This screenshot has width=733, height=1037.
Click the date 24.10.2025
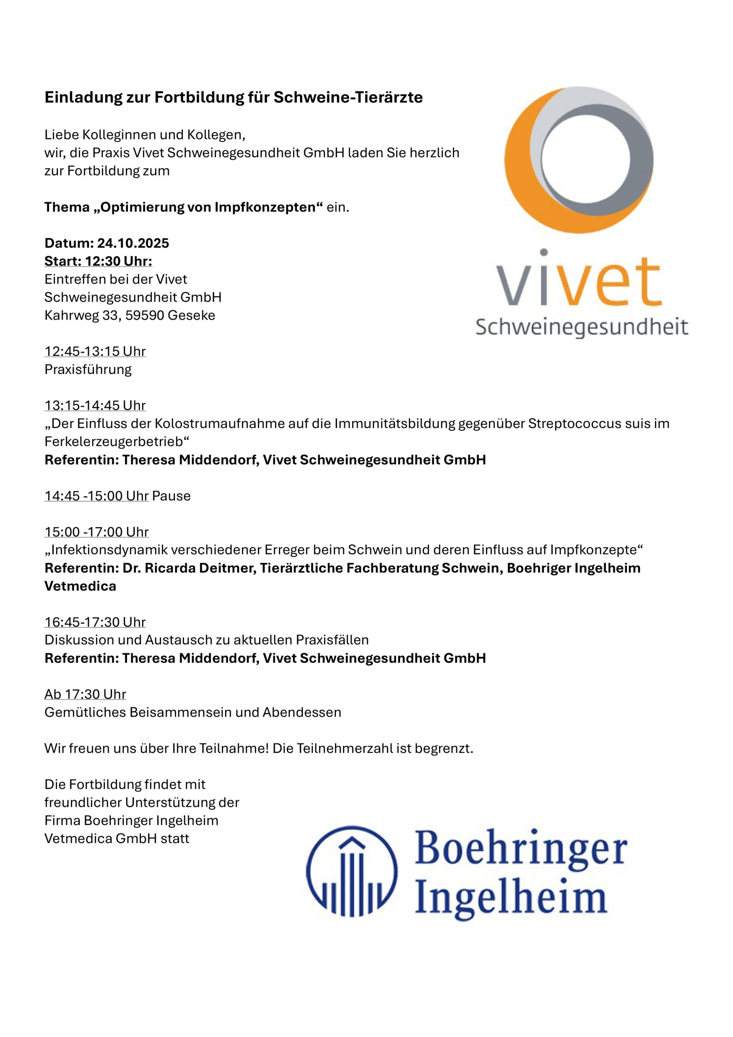point(133,243)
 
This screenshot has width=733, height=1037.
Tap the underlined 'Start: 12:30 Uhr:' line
point(98,262)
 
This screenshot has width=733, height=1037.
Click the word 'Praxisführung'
point(88,369)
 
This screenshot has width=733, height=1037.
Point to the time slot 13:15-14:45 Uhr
point(95,405)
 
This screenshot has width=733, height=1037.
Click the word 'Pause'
point(171,496)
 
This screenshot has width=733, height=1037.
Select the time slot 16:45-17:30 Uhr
point(95,622)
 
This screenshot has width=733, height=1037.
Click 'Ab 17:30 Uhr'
point(85,694)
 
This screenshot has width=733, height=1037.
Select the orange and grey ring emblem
point(579,160)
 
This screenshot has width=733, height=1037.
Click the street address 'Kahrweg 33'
point(80,315)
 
